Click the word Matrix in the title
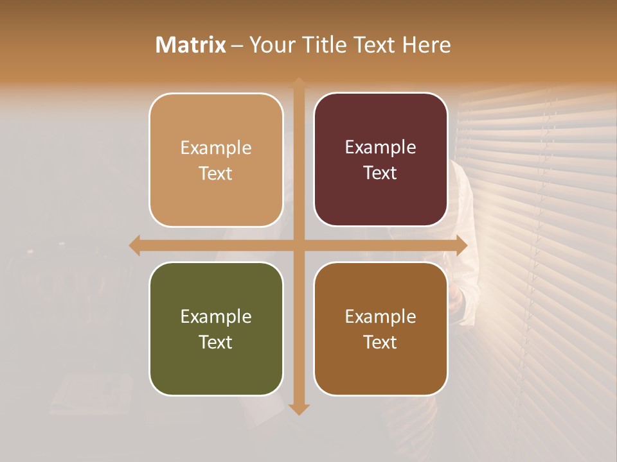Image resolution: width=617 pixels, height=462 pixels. (x=190, y=44)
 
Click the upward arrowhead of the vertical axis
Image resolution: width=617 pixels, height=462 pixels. (x=299, y=83)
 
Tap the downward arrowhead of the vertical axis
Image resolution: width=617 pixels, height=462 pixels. (x=299, y=409)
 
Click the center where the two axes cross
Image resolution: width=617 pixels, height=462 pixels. (x=299, y=245)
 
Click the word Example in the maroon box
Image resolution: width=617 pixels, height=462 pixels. (x=380, y=148)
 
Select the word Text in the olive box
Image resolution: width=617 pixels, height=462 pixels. (x=216, y=342)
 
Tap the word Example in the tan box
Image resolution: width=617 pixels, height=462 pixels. (x=216, y=148)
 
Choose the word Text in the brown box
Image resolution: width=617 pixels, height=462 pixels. (x=380, y=342)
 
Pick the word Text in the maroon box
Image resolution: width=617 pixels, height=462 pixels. (x=380, y=173)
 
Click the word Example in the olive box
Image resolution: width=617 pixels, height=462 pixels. (x=216, y=316)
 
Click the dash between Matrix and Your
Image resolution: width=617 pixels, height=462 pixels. (x=237, y=46)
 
